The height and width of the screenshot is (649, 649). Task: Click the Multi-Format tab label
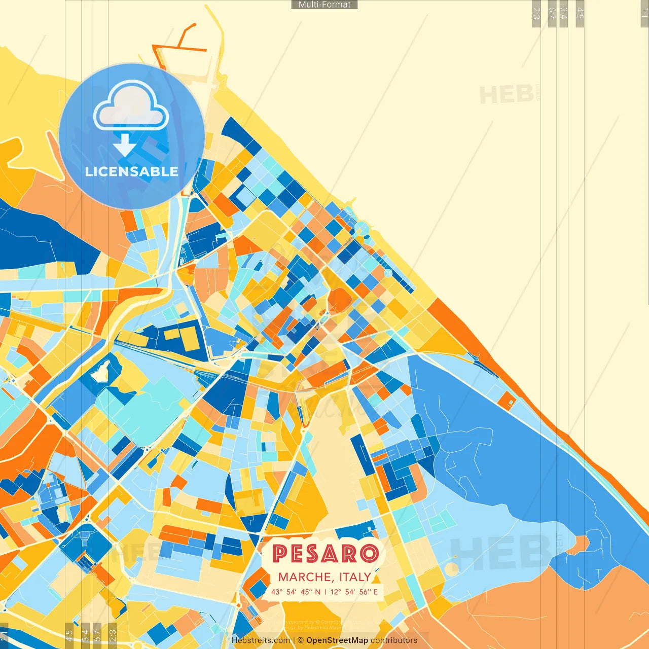324,5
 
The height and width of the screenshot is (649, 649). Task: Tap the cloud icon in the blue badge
131,107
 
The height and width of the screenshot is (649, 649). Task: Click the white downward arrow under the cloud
124,145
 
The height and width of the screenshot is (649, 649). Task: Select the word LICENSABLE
131,171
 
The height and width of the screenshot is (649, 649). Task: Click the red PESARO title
325,554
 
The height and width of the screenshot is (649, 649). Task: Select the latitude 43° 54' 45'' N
296,592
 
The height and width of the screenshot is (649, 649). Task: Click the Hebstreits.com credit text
261,640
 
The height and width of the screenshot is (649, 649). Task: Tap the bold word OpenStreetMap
337,640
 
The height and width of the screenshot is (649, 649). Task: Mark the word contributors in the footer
394,640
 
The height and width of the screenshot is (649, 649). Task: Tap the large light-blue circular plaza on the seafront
362,229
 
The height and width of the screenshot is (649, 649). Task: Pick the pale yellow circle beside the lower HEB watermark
452,568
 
